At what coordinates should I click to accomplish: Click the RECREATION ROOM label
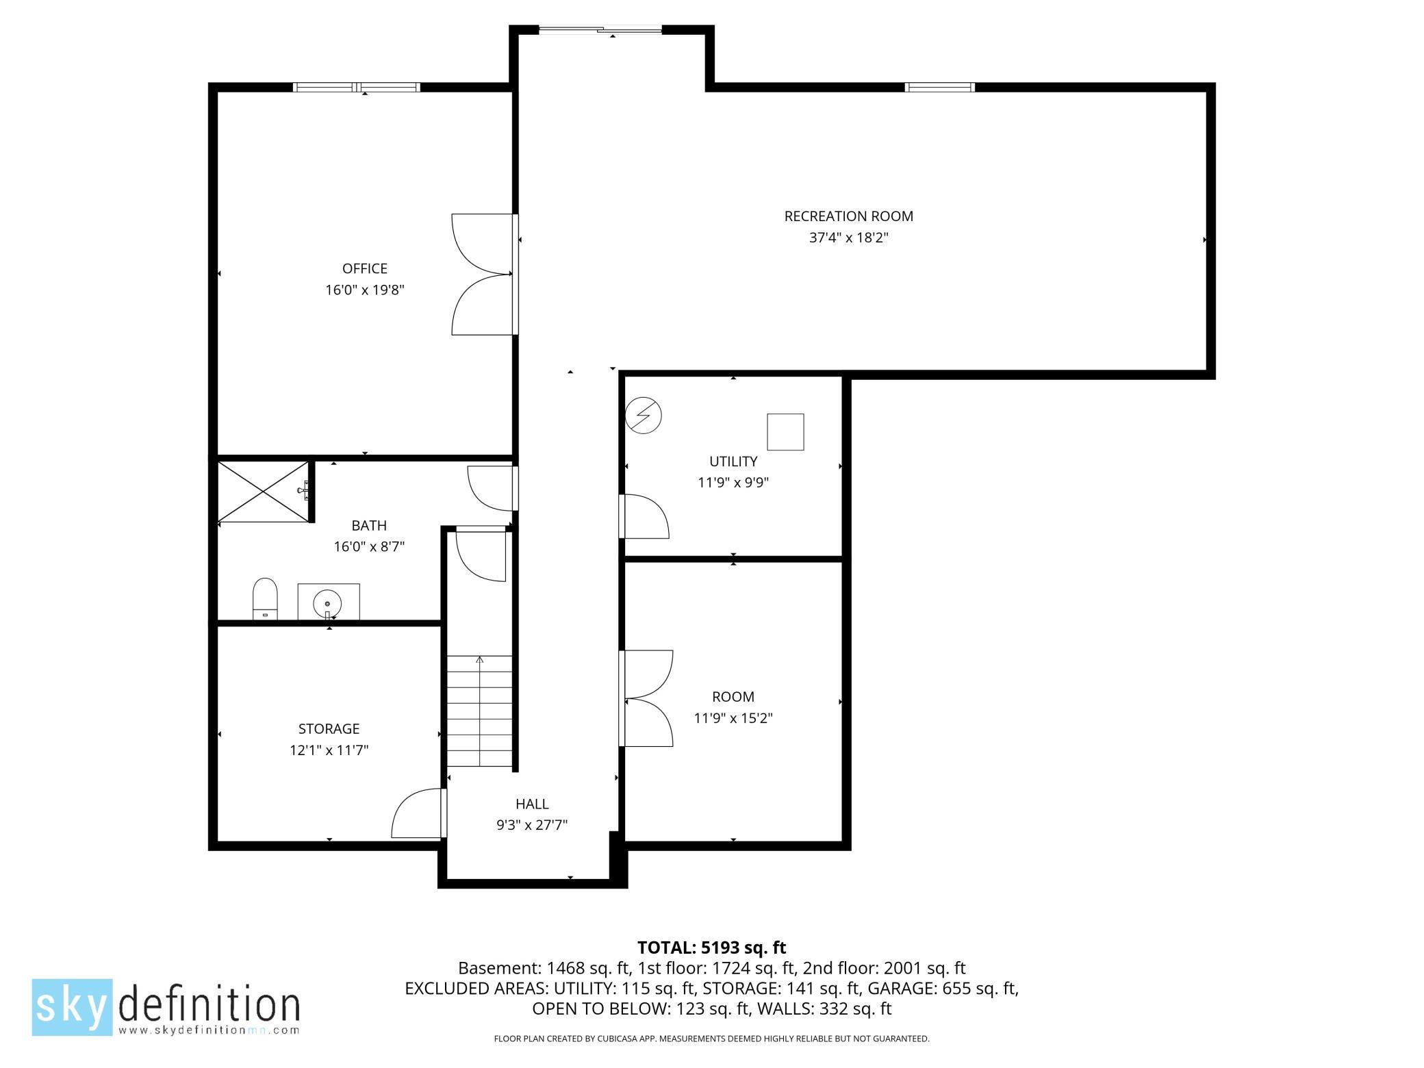click(x=848, y=216)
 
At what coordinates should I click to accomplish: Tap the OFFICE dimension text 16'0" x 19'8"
click(x=365, y=290)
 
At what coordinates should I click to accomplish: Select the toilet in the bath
click(x=265, y=598)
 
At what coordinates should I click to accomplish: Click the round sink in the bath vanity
click(x=328, y=603)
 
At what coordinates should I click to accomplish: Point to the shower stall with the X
click(x=263, y=491)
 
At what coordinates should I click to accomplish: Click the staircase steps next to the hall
click(x=480, y=711)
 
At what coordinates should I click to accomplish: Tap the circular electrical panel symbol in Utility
click(x=644, y=416)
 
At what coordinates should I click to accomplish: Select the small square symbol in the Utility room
click(x=785, y=432)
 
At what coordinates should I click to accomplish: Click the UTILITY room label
click(x=733, y=461)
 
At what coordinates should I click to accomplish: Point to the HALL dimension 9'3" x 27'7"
click(x=532, y=826)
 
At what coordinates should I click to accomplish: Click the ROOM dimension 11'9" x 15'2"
click(x=733, y=718)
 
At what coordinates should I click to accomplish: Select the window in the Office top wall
click(x=356, y=87)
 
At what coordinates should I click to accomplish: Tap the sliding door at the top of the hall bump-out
click(x=600, y=29)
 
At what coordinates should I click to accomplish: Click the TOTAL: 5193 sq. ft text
click(x=711, y=948)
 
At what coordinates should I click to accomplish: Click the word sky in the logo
click(x=72, y=1006)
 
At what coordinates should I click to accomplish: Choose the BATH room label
click(x=369, y=526)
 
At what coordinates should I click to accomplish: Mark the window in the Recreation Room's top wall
click(x=939, y=87)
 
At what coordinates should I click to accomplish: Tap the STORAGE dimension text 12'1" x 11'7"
click(x=329, y=750)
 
